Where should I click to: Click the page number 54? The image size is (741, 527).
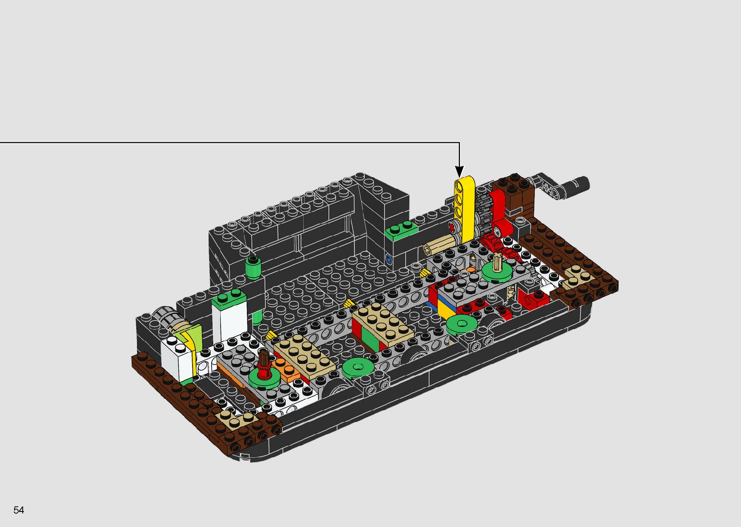click(x=18, y=510)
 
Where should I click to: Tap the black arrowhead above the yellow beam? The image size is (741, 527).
click(x=459, y=171)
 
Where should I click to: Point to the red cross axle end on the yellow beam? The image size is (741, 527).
click(x=452, y=227)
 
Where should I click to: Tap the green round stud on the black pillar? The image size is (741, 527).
click(x=253, y=268)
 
